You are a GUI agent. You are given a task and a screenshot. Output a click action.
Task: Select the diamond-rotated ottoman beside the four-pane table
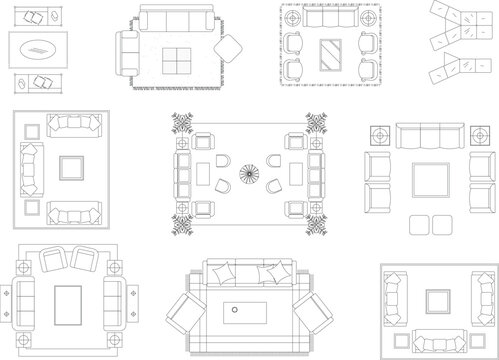(x=229, y=49)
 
